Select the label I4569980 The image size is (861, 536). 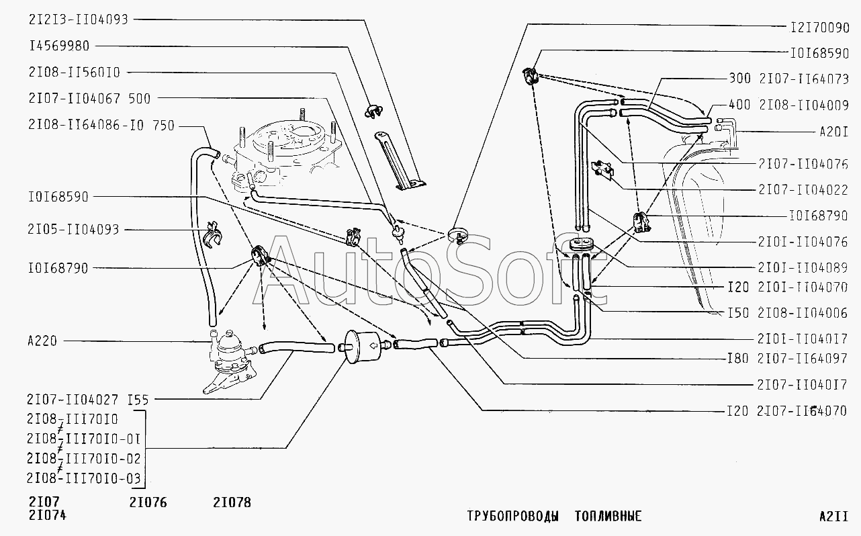59,46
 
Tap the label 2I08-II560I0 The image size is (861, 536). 74,73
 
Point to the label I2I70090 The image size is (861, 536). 819,28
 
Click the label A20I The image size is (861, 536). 834,132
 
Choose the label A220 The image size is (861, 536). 42,341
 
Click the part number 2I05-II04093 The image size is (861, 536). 73,229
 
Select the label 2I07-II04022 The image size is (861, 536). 803,190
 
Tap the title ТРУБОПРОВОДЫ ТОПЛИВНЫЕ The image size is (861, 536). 554,516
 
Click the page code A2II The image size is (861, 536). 834,516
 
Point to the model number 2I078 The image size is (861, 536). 232,502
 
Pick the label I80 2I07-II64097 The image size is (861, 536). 787,359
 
